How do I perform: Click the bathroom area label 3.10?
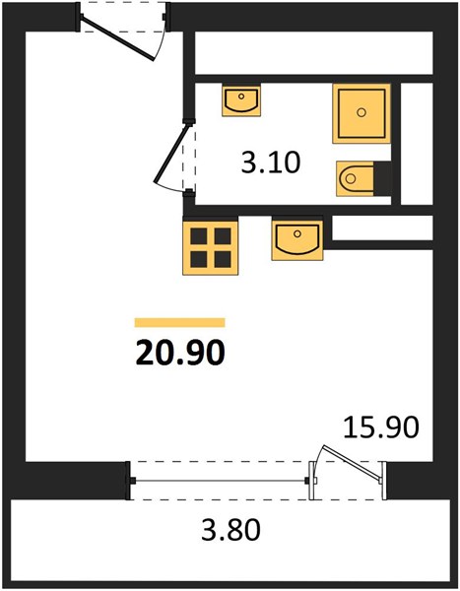pyautogui.click(x=271, y=163)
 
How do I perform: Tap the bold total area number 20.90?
pyautogui.click(x=180, y=353)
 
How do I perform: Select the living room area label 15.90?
pyautogui.click(x=381, y=427)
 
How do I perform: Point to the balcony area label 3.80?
pyautogui.click(x=230, y=530)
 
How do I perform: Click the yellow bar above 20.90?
pyautogui.click(x=180, y=323)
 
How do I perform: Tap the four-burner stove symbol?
pyautogui.click(x=211, y=247)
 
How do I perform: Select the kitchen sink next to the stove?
pyautogui.click(x=297, y=240)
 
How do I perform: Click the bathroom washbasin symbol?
pyautogui.click(x=241, y=100)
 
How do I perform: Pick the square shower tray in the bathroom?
pyautogui.click(x=361, y=113)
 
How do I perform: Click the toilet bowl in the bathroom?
pyautogui.click(x=355, y=178)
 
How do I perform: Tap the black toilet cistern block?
pyautogui.click(x=382, y=178)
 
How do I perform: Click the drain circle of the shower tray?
pyautogui.click(x=361, y=112)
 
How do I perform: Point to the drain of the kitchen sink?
pyautogui.click(x=297, y=233)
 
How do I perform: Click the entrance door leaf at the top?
pyautogui.click(x=118, y=37)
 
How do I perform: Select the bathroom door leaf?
pyautogui.click(x=171, y=154)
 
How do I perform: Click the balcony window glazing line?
pyautogui.click(x=220, y=481)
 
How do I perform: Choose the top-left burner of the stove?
pyautogui.click(x=199, y=236)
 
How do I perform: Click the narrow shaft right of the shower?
pyautogui.click(x=417, y=144)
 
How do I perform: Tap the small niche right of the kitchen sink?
pyautogui.click(x=382, y=228)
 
